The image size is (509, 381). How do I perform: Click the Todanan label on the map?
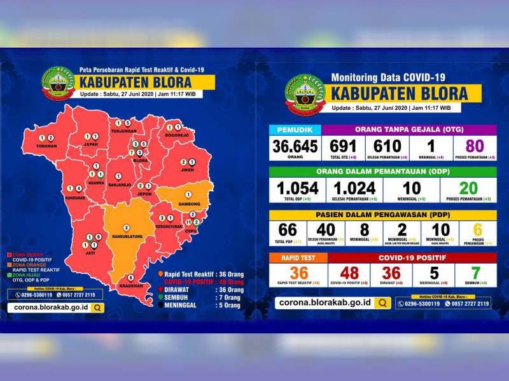46,146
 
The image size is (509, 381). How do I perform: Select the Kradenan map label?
130,286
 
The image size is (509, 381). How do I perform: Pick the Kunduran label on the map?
74,197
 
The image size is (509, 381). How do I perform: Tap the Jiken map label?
187,170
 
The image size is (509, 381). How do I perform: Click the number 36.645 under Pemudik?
295,147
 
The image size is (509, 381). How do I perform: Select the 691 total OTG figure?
343,146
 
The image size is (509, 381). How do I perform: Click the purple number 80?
475,146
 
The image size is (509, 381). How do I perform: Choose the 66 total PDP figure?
288,230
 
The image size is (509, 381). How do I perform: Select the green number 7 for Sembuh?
475,272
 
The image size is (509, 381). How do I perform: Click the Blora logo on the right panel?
305,94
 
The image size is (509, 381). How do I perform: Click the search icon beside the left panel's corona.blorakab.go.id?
96,307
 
